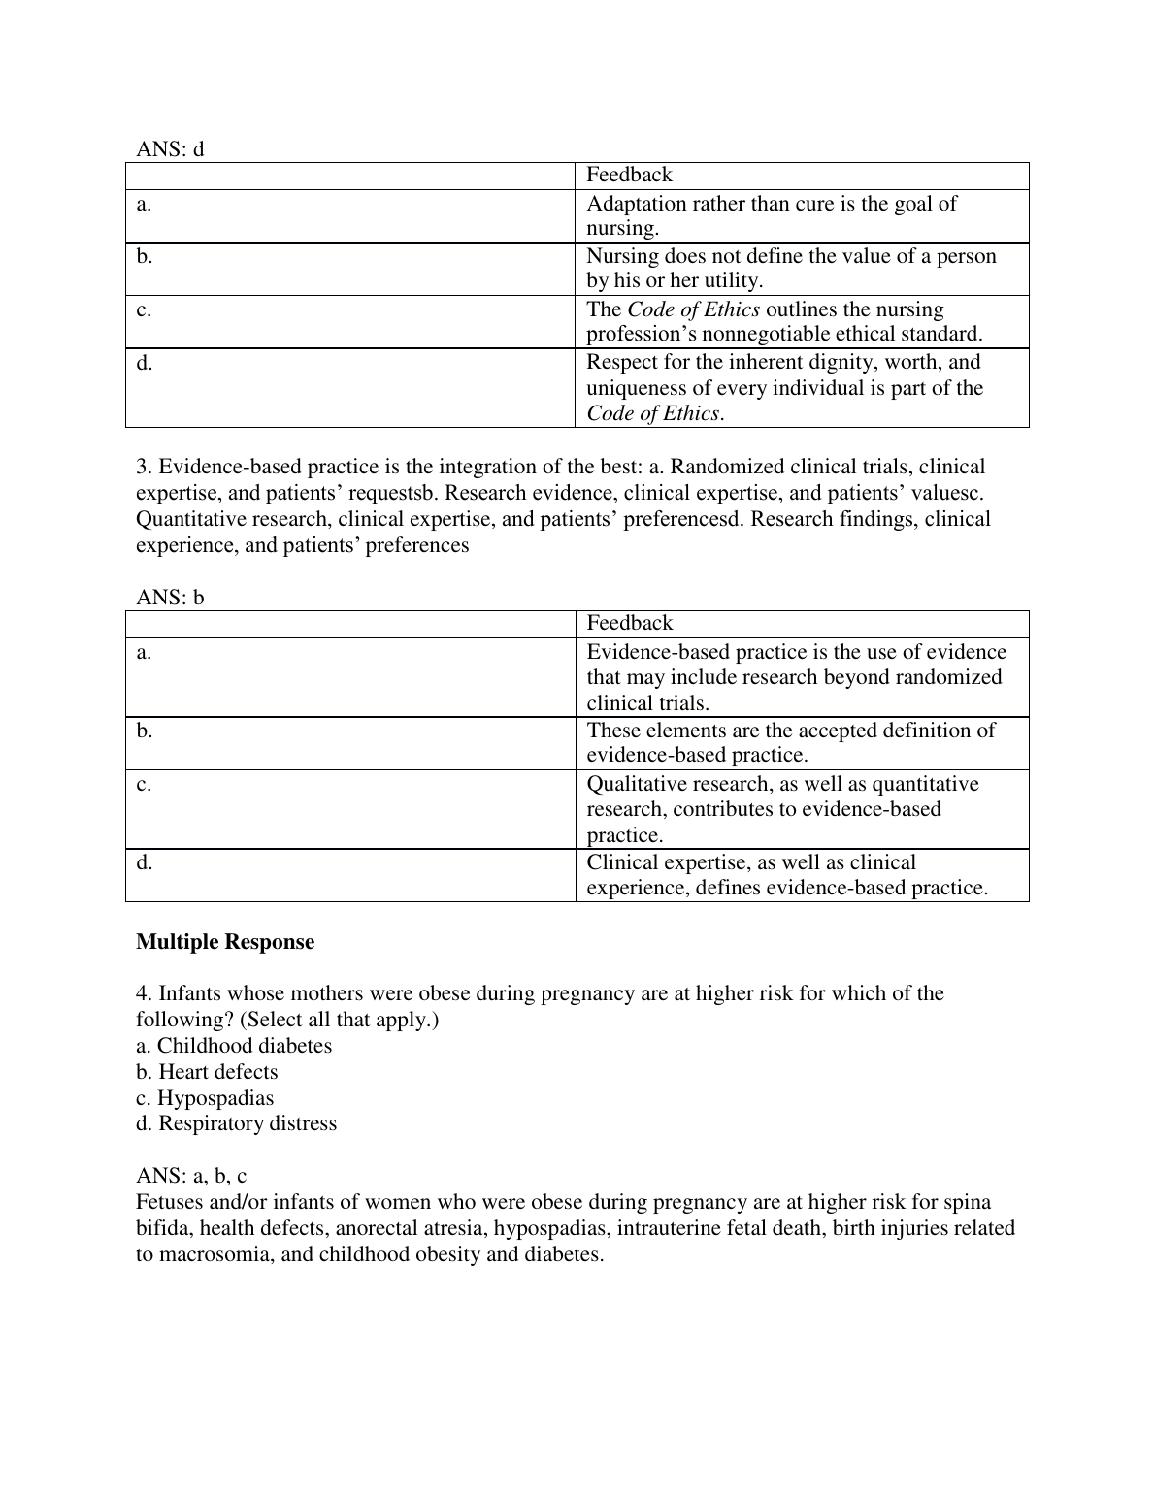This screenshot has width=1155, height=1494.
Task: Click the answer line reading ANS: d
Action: (x=170, y=149)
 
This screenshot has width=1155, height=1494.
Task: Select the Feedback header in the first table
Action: (x=629, y=175)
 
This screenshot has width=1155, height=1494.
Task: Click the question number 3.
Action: (x=142, y=467)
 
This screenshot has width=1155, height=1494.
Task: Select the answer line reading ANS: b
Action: (x=170, y=598)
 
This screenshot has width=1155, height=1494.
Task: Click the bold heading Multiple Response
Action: (x=225, y=942)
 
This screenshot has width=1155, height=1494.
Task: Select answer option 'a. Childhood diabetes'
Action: (x=234, y=1046)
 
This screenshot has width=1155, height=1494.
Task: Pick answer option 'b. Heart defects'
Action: (x=207, y=1072)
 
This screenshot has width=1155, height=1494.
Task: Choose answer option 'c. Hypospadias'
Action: (x=205, y=1098)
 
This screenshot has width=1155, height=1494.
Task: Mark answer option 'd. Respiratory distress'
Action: (x=237, y=1123)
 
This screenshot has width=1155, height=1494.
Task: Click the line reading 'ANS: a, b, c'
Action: (x=191, y=1176)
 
